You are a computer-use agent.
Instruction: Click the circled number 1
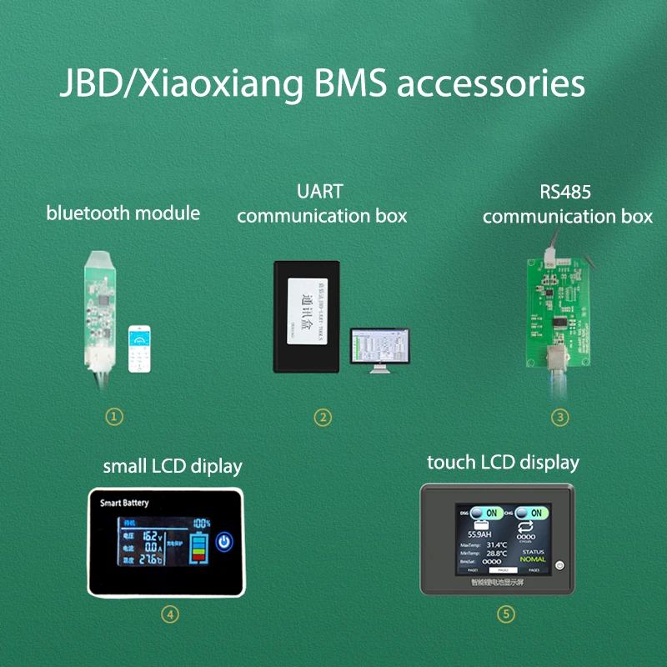115,415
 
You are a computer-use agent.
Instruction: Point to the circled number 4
169,614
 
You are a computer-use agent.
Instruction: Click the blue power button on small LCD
223,543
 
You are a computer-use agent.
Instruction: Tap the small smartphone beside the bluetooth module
138,349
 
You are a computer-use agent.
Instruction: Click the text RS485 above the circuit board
565,192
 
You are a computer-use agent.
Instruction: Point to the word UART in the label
319,192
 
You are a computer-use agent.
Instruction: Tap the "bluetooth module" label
123,213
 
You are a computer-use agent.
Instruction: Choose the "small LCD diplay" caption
173,466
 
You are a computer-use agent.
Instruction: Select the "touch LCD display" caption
503,462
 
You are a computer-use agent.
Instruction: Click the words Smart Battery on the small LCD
124,504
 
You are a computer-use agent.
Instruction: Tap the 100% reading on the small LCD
201,524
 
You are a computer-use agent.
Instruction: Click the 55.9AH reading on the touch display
479,534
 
